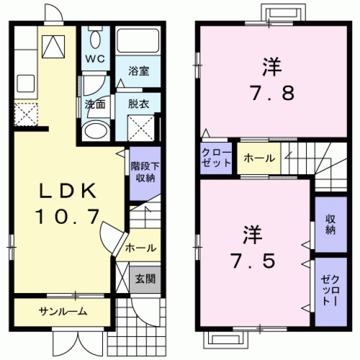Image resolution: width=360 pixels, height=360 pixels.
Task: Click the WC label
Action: click(x=95, y=58)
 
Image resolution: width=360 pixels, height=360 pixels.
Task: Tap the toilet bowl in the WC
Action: click(x=95, y=39)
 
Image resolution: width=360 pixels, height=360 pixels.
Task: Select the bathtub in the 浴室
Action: click(x=138, y=40)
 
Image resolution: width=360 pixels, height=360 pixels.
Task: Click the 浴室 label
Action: click(x=139, y=71)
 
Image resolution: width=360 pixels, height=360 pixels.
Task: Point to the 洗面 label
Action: click(x=95, y=105)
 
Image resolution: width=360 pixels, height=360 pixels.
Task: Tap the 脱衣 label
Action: click(x=138, y=104)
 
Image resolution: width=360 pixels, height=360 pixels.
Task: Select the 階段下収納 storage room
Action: click(x=145, y=173)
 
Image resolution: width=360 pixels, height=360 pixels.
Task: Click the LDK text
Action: click(x=67, y=191)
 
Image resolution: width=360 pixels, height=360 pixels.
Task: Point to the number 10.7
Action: click(x=67, y=216)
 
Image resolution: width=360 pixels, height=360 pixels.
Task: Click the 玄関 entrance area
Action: click(x=145, y=280)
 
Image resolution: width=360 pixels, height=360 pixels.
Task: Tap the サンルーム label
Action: click(x=63, y=312)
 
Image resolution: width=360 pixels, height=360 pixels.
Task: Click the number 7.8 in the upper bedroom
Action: click(x=272, y=92)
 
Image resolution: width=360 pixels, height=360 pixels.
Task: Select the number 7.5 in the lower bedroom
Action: click(x=253, y=260)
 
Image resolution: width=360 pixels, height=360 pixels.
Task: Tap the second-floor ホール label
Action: click(x=259, y=158)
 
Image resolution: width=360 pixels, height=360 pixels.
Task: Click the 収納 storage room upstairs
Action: click(x=331, y=224)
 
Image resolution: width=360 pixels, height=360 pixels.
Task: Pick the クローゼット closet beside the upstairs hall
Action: click(x=216, y=158)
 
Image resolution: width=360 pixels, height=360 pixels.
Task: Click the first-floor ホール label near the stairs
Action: click(x=141, y=248)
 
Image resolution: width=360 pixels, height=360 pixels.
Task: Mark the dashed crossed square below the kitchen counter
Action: click(x=26, y=114)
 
